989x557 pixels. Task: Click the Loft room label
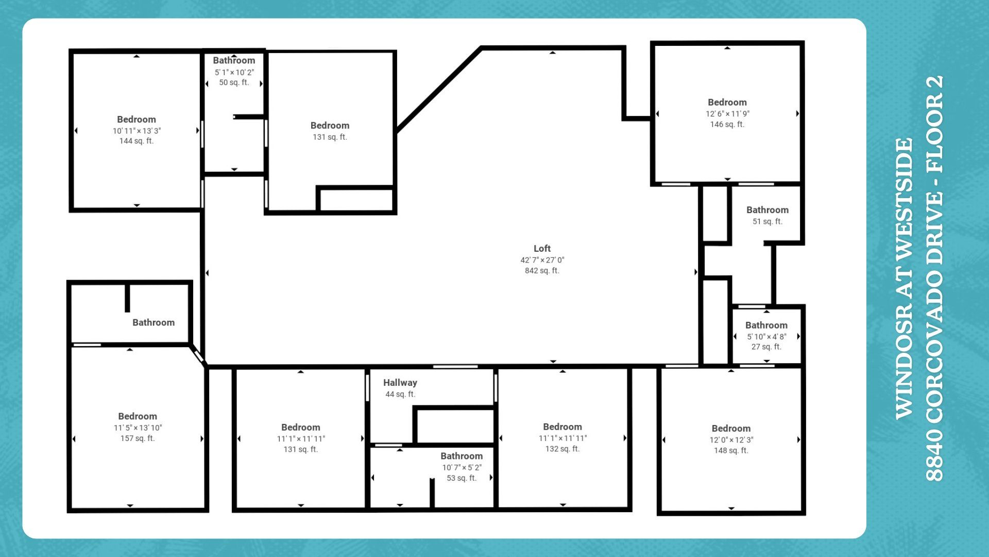(x=542, y=249)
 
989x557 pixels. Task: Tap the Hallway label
(x=400, y=383)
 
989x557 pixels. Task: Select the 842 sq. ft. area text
(x=542, y=271)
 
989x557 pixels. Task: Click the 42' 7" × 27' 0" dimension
(x=542, y=260)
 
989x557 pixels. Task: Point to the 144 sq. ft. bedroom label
(x=137, y=141)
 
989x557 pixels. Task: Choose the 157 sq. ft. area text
(x=138, y=438)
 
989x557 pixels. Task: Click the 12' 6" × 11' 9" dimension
(x=727, y=113)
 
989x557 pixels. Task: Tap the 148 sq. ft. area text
(x=731, y=451)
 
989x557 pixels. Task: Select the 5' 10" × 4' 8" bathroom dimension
(x=766, y=336)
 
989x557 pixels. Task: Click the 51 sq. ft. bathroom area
(x=768, y=221)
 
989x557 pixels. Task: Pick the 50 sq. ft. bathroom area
(x=234, y=83)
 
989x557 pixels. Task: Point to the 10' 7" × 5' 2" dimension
(x=462, y=467)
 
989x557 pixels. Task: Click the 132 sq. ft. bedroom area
(x=562, y=449)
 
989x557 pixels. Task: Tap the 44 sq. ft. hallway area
(x=400, y=394)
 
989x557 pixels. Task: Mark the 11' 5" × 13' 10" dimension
(x=138, y=428)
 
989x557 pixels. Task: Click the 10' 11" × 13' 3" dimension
(x=137, y=130)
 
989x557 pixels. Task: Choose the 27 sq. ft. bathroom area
(x=766, y=347)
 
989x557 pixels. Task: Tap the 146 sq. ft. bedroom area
(x=727, y=124)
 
